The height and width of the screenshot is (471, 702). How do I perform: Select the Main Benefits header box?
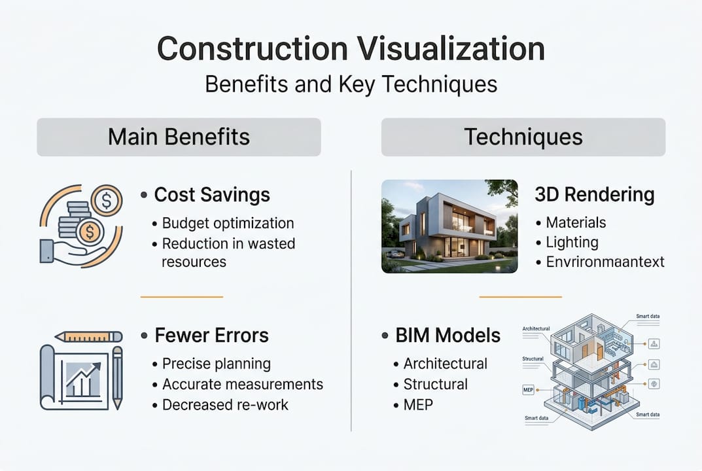coord(179,137)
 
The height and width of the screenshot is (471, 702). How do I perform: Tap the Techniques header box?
coord(523,137)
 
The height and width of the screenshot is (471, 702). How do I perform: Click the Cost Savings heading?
coord(212,195)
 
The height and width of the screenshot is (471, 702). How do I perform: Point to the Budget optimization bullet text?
coord(228,223)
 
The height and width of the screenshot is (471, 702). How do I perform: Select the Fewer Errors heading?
coord(211,336)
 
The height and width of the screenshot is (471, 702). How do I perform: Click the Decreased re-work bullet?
coord(225,404)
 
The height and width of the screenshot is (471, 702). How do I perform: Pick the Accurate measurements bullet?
coord(242,384)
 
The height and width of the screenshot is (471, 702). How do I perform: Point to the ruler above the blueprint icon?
coord(89,336)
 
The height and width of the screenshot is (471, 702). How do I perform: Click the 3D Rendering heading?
coord(594,195)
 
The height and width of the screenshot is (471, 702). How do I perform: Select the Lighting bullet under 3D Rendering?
coord(572,242)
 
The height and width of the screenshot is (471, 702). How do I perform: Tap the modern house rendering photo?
coord(449,226)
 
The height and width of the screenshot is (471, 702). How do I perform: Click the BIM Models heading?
coord(448,336)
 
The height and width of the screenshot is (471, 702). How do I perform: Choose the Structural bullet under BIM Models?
coord(435,384)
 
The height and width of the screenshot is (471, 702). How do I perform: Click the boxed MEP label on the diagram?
coord(529,391)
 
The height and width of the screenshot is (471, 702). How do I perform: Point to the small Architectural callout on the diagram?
coord(536,328)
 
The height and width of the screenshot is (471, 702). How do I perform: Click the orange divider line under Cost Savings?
coord(182,296)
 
